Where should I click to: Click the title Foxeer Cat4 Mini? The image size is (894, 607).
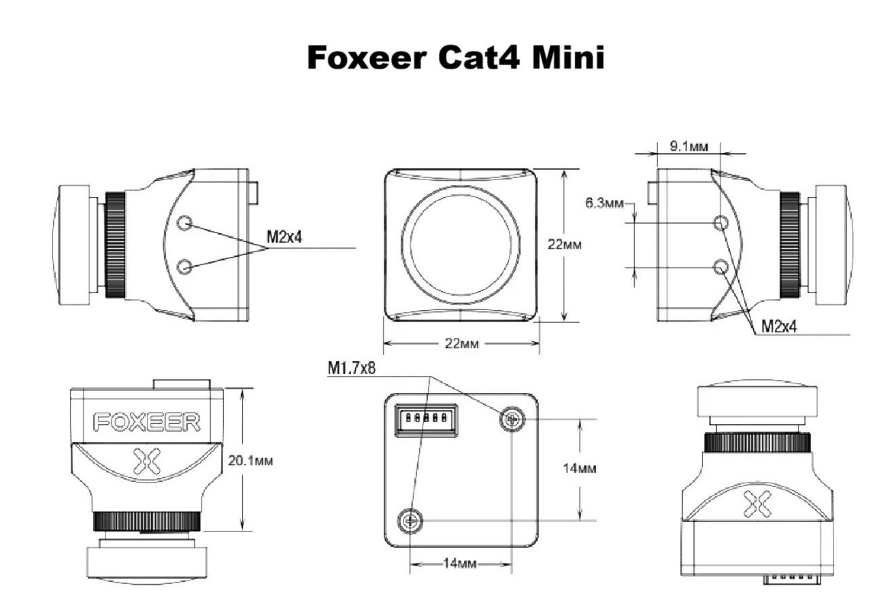(x=455, y=57)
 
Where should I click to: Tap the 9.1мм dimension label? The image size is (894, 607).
(x=689, y=147)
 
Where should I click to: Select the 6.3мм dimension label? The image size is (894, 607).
(x=604, y=203)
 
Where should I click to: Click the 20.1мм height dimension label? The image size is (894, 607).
(x=250, y=461)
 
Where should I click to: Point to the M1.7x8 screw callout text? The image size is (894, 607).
(x=351, y=368)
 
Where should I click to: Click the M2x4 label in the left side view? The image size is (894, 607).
(x=284, y=237)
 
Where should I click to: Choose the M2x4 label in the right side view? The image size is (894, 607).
(x=778, y=327)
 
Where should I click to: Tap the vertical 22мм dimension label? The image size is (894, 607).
(x=564, y=244)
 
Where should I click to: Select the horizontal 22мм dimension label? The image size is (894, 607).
(x=461, y=343)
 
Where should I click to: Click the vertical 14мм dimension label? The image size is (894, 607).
(x=580, y=468)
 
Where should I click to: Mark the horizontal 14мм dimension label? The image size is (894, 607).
(x=460, y=563)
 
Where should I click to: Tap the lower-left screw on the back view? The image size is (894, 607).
(x=410, y=521)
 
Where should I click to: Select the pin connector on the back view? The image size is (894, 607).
(x=426, y=420)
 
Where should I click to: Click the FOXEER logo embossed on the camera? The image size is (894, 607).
(x=146, y=422)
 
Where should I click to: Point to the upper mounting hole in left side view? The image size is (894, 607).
(x=184, y=223)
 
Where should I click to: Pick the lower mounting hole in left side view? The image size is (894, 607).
(x=184, y=266)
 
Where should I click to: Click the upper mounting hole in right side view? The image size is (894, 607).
(x=721, y=223)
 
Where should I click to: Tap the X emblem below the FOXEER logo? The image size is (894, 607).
(x=146, y=461)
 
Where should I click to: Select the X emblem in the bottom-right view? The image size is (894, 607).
(x=757, y=504)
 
